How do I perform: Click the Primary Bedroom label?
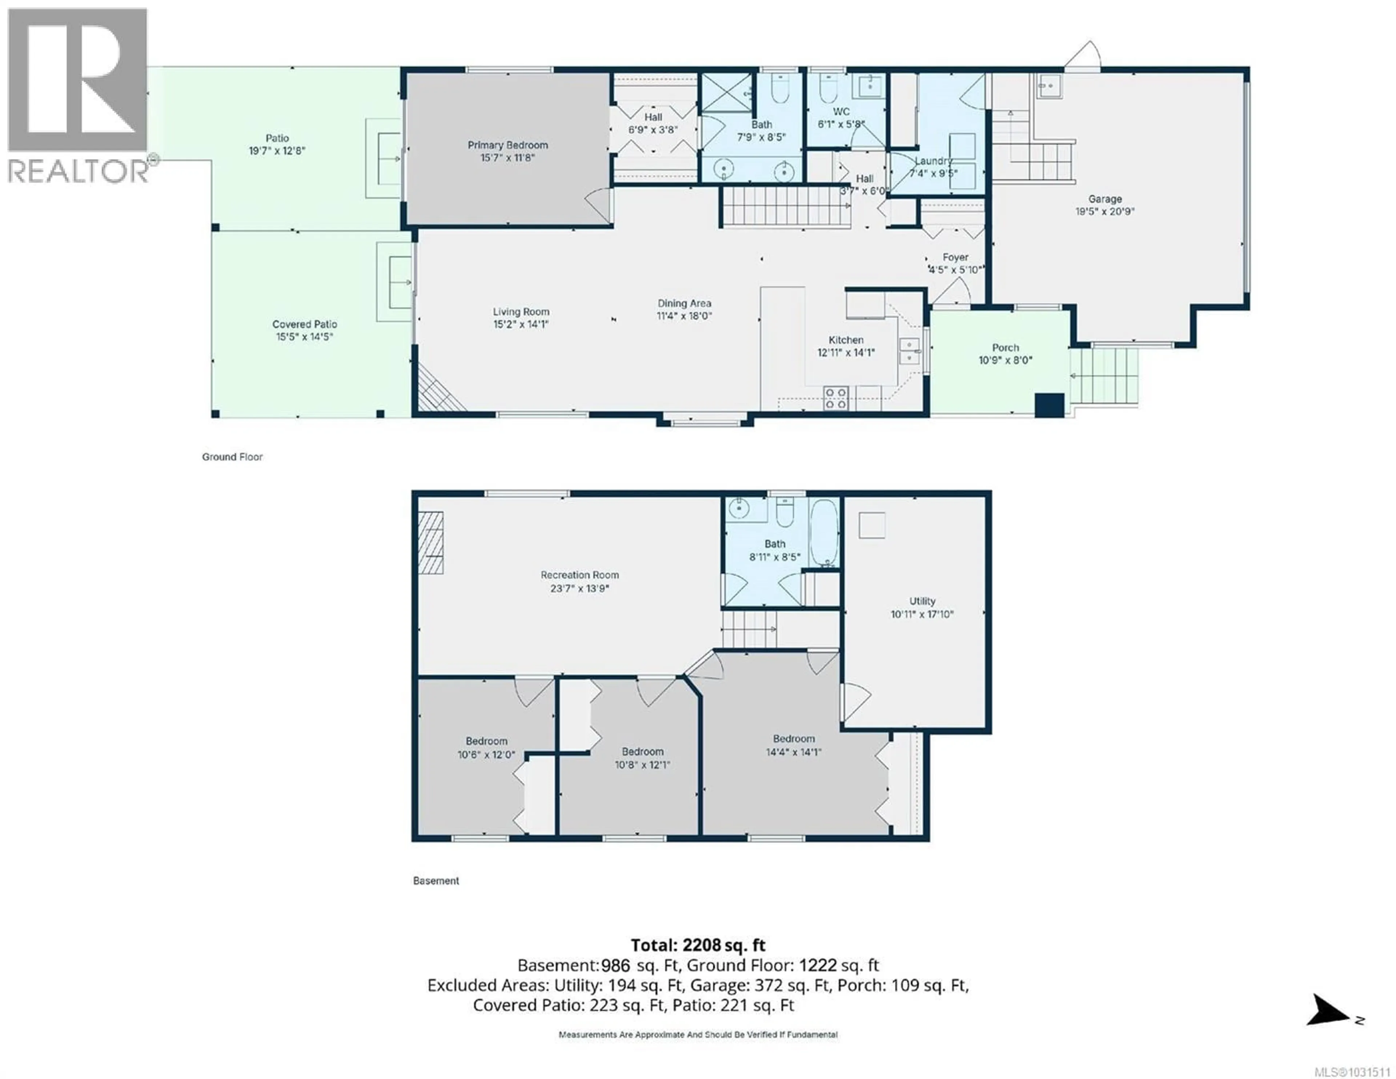pos(508,145)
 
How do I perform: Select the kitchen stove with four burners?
pos(835,398)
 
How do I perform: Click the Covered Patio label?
pos(304,324)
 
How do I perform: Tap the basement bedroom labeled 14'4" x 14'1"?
pos(793,745)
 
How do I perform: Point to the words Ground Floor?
pos(232,457)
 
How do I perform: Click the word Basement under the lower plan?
pos(436,881)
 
